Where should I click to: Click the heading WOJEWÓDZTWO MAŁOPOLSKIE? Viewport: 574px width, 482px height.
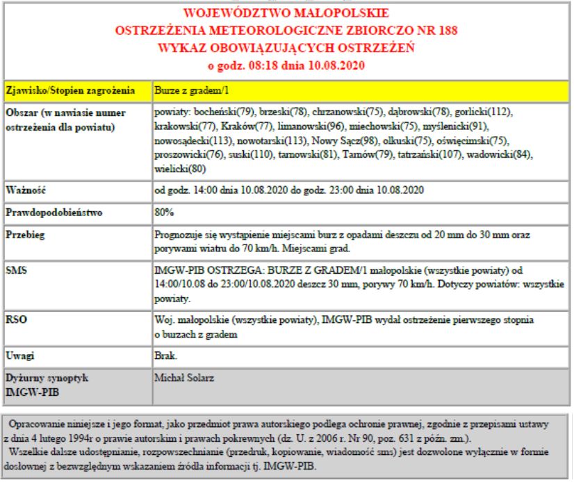(286, 13)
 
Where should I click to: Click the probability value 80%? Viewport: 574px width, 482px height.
(164, 213)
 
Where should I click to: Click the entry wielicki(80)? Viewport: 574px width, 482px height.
(179, 168)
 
